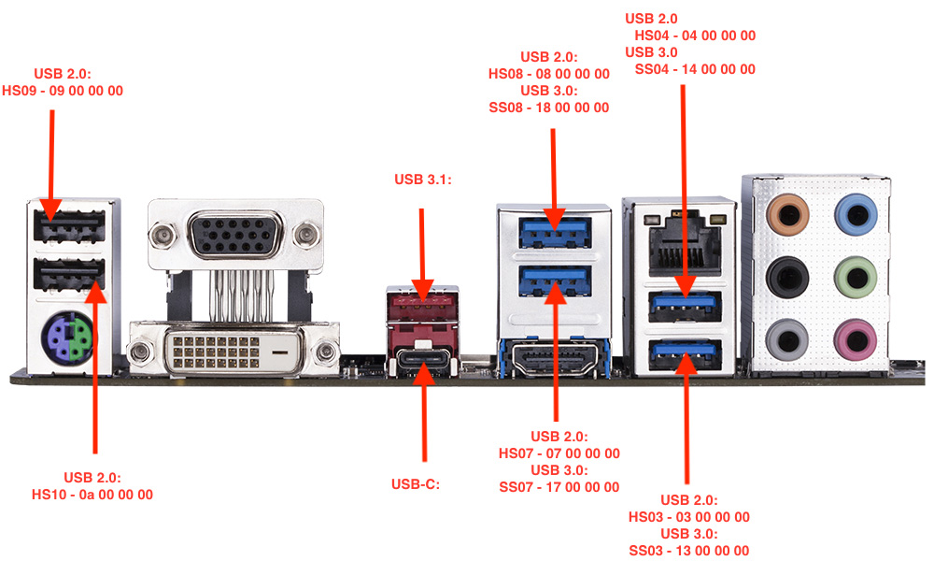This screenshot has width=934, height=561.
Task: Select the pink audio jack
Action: point(853,336)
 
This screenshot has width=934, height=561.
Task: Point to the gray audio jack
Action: point(785,336)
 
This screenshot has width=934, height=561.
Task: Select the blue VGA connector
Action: point(233,234)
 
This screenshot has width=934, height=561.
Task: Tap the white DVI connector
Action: point(233,350)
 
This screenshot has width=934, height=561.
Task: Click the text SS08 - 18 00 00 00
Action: point(549,108)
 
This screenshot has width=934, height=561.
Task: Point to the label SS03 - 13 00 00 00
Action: point(689,551)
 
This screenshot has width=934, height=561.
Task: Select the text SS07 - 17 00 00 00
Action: point(559,486)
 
